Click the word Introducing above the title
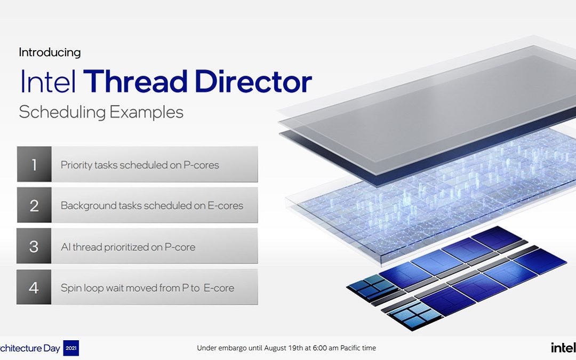[50, 52]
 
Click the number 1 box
[34, 165]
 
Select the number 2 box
[34, 205]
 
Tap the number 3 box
[34, 246]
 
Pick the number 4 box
[34, 287]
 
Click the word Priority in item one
[76, 165]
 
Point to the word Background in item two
[85, 205]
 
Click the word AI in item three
[66, 247]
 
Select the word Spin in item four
[70, 288]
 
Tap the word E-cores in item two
[226, 205]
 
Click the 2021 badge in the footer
[71, 348]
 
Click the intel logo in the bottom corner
[563, 348]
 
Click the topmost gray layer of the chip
[427, 101]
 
